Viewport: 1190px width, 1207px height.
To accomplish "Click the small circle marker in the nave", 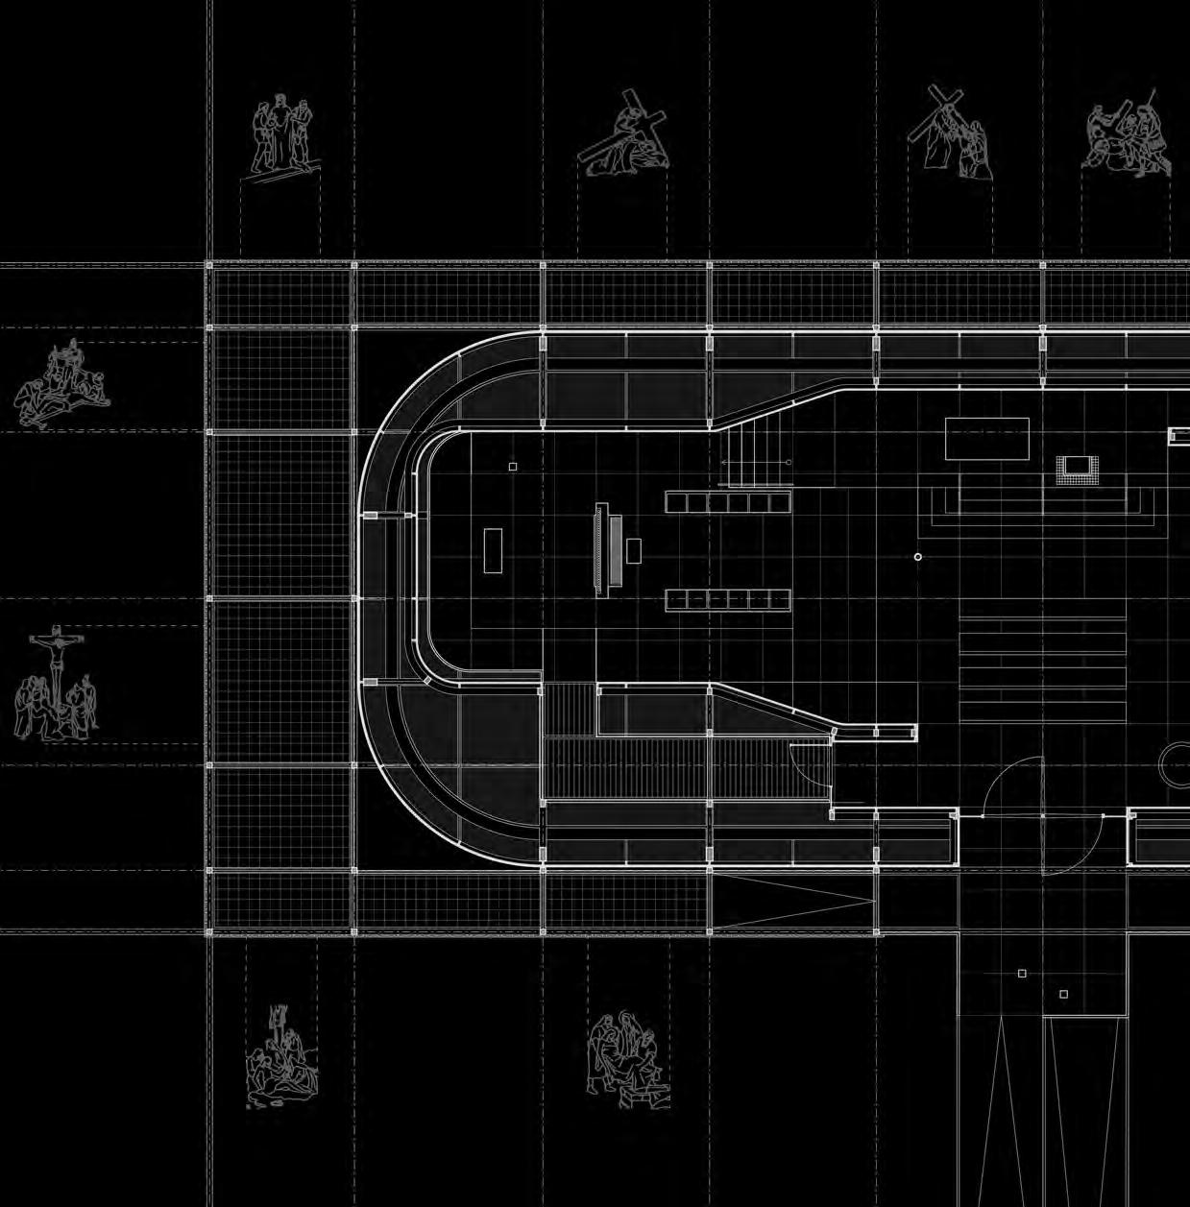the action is click(x=918, y=557).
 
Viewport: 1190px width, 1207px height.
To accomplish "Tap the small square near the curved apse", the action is click(x=513, y=467).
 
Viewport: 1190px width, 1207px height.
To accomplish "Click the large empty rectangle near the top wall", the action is click(x=986, y=439).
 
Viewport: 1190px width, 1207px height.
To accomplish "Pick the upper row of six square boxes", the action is click(x=728, y=501).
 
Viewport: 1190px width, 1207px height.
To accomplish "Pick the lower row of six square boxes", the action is click(x=728, y=599).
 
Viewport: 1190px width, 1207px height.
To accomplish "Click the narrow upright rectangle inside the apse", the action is click(x=493, y=550).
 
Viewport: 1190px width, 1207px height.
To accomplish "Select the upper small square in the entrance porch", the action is click(x=1022, y=974).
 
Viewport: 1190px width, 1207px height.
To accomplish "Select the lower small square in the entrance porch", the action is click(x=1063, y=994).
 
